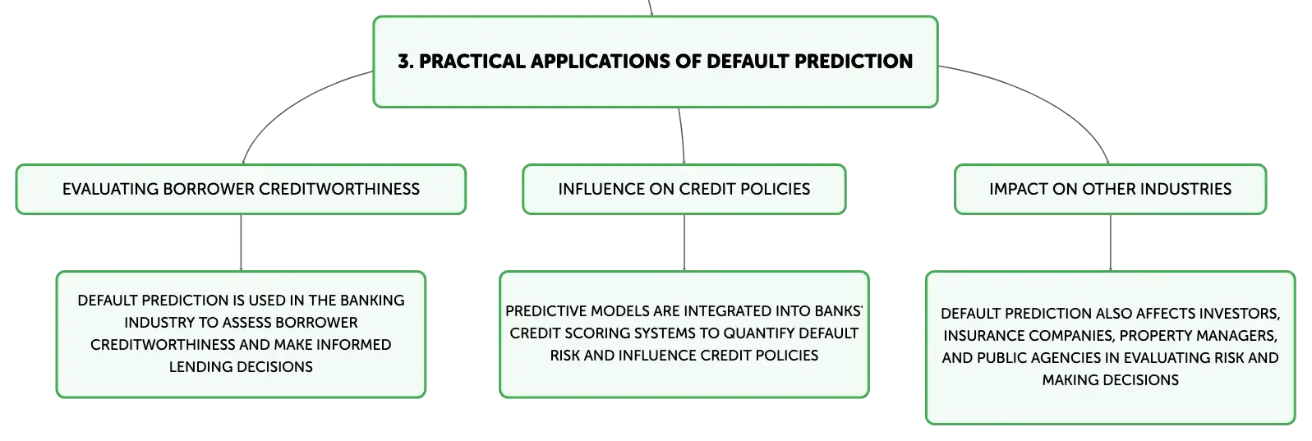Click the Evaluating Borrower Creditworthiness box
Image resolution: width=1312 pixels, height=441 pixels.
tap(241, 189)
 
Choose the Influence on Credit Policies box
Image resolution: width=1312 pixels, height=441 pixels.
tap(684, 189)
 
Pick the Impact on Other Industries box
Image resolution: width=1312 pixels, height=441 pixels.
tap(1111, 189)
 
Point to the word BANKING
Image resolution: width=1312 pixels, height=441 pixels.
tap(372, 301)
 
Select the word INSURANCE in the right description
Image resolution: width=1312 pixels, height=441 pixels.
tap(979, 336)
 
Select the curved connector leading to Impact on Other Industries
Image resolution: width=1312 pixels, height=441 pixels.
tap(1048, 99)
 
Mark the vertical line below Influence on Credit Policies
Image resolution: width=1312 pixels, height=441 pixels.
tap(684, 242)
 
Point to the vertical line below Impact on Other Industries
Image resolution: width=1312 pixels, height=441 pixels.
tap(1111, 242)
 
